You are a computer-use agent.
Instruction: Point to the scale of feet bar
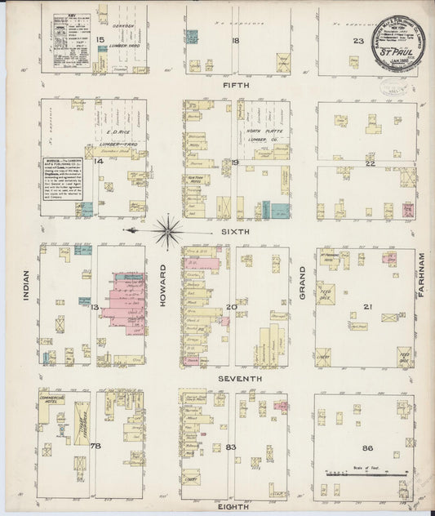coord(363,472)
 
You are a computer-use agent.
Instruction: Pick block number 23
coord(357,41)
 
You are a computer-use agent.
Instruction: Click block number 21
coord(368,306)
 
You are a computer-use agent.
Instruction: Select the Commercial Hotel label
coord(53,399)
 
